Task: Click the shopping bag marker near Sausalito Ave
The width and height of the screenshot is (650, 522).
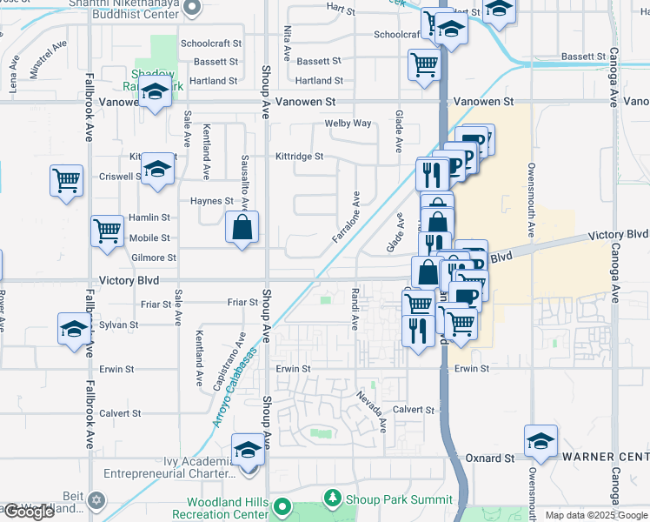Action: click(x=242, y=228)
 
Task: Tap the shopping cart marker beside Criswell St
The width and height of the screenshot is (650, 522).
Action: click(x=66, y=181)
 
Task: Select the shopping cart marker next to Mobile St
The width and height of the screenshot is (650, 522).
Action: click(x=107, y=232)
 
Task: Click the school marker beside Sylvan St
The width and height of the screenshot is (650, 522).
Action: click(x=74, y=330)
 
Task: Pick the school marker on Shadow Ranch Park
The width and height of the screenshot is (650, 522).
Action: click(x=156, y=91)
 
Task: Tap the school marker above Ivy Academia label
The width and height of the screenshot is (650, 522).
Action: click(x=248, y=450)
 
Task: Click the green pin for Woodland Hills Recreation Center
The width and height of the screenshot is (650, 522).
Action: click(x=282, y=506)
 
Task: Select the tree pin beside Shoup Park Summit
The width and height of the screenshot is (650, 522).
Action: click(x=330, y=499)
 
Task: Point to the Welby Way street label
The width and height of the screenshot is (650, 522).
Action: click(x=348, y=124)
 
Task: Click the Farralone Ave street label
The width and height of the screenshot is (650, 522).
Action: click(x=345, y=218)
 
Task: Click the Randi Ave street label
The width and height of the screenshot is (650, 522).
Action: click(x=355, y=308)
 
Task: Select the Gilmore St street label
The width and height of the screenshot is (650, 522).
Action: click(x=153, y=258)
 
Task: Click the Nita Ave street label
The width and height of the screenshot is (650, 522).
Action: click(x=288, y=37)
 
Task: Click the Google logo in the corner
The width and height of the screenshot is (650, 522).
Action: click(x=29, y=512)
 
